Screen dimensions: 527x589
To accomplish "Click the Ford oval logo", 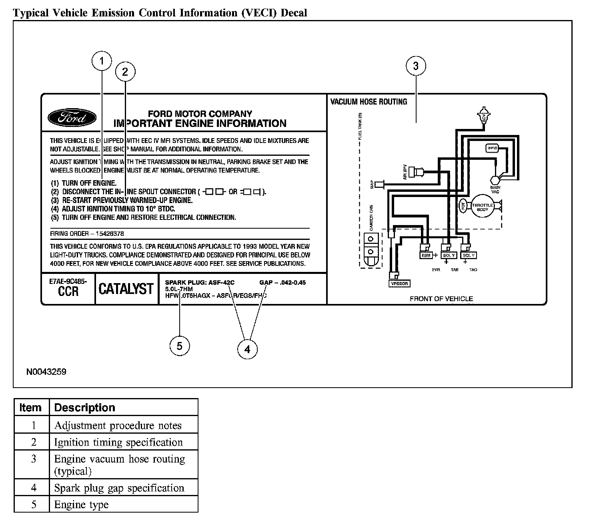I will (72, 118).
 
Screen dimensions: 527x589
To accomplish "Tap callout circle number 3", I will (416, 66).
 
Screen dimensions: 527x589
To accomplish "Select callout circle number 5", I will (179, 346).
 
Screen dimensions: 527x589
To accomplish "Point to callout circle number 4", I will (247, 350).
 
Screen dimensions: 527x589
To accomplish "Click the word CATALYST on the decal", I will (126, 289).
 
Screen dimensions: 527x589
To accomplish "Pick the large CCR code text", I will (68, 291).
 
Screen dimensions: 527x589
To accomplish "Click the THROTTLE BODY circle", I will (483, 207).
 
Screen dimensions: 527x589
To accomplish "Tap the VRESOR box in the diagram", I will (399, 284).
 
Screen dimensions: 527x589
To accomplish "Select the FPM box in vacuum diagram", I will (492, 148).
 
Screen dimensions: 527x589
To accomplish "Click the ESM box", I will (425, 255).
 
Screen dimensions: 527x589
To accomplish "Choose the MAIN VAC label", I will (495, 189).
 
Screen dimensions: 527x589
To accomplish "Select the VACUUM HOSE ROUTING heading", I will (369, 102).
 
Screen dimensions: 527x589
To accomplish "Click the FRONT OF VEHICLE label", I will (441, 299).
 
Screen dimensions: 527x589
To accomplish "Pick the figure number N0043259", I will (46, 372).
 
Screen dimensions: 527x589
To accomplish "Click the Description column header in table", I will (84, 408).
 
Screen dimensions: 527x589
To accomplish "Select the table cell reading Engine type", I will (81, 505).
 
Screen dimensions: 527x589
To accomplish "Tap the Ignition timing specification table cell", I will (118, 443).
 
